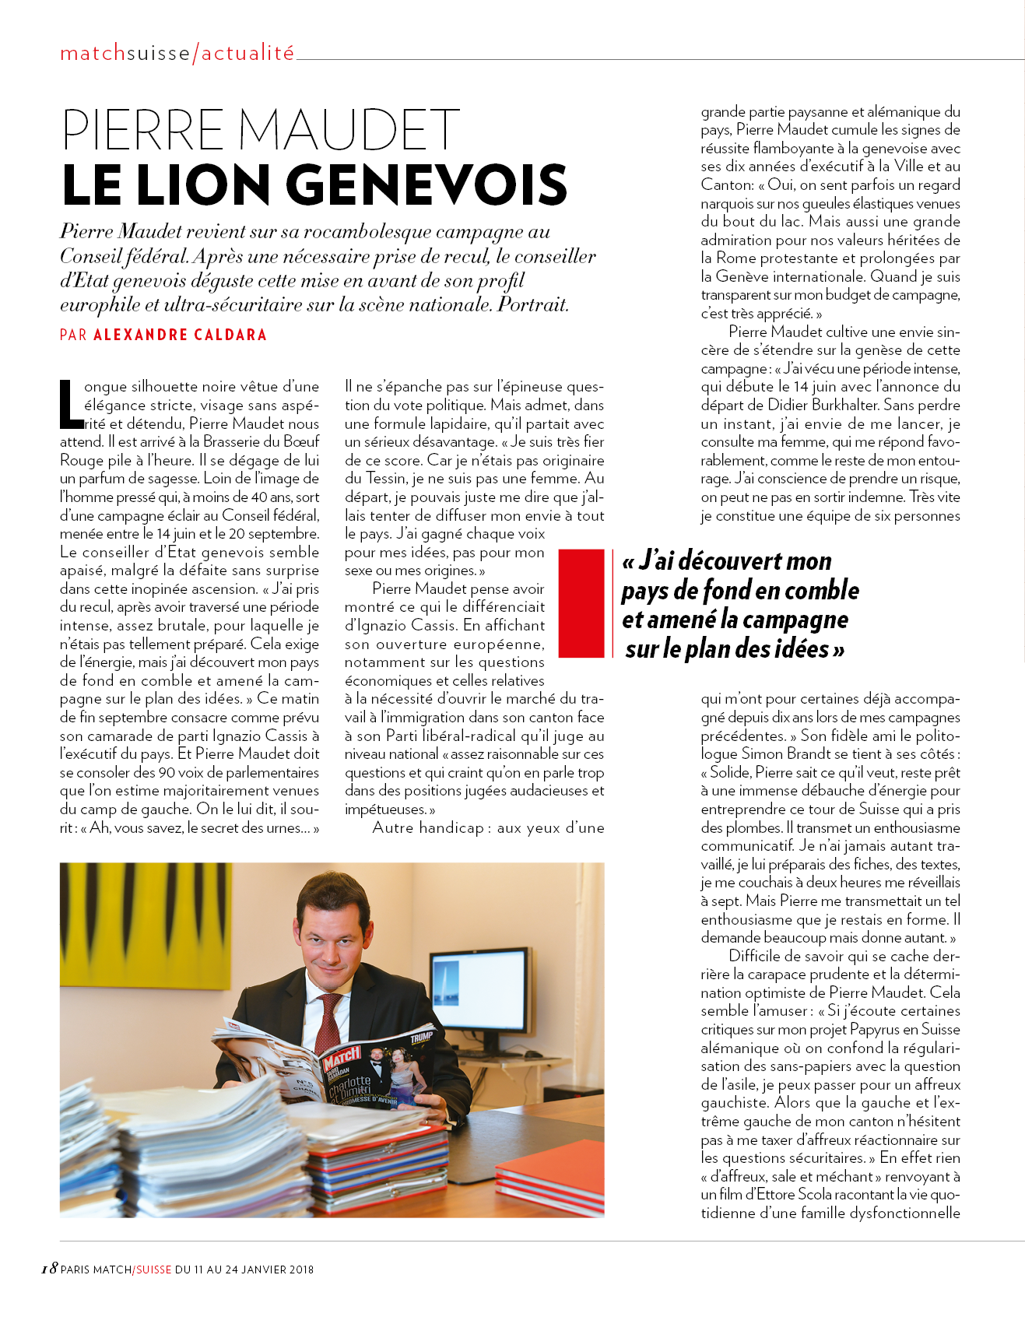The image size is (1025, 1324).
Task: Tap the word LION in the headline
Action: pyautogui.click(x=203, y=185)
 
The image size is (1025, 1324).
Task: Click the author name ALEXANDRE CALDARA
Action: pyautogui.click(x=180, y=335)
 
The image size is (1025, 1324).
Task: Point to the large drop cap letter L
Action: pyautogui.click(x=71, y=404)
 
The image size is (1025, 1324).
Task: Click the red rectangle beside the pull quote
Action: pyautogui.click(x=581, y=602)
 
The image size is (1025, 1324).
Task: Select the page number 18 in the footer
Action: pyautogui.click(x=49, y=1268)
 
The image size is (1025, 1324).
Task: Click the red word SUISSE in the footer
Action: pyautogui.click(x=153, y=1269)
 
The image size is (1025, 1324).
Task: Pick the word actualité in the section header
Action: pyautogui.click(x=248, y=53)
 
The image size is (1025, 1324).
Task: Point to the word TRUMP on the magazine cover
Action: pyautogui.click(x=421, y=1038)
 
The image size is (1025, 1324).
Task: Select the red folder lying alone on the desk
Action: pyautogui.click(x=549, y=1171)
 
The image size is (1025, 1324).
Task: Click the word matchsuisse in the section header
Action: pyautogui.click(x=125, y=53)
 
